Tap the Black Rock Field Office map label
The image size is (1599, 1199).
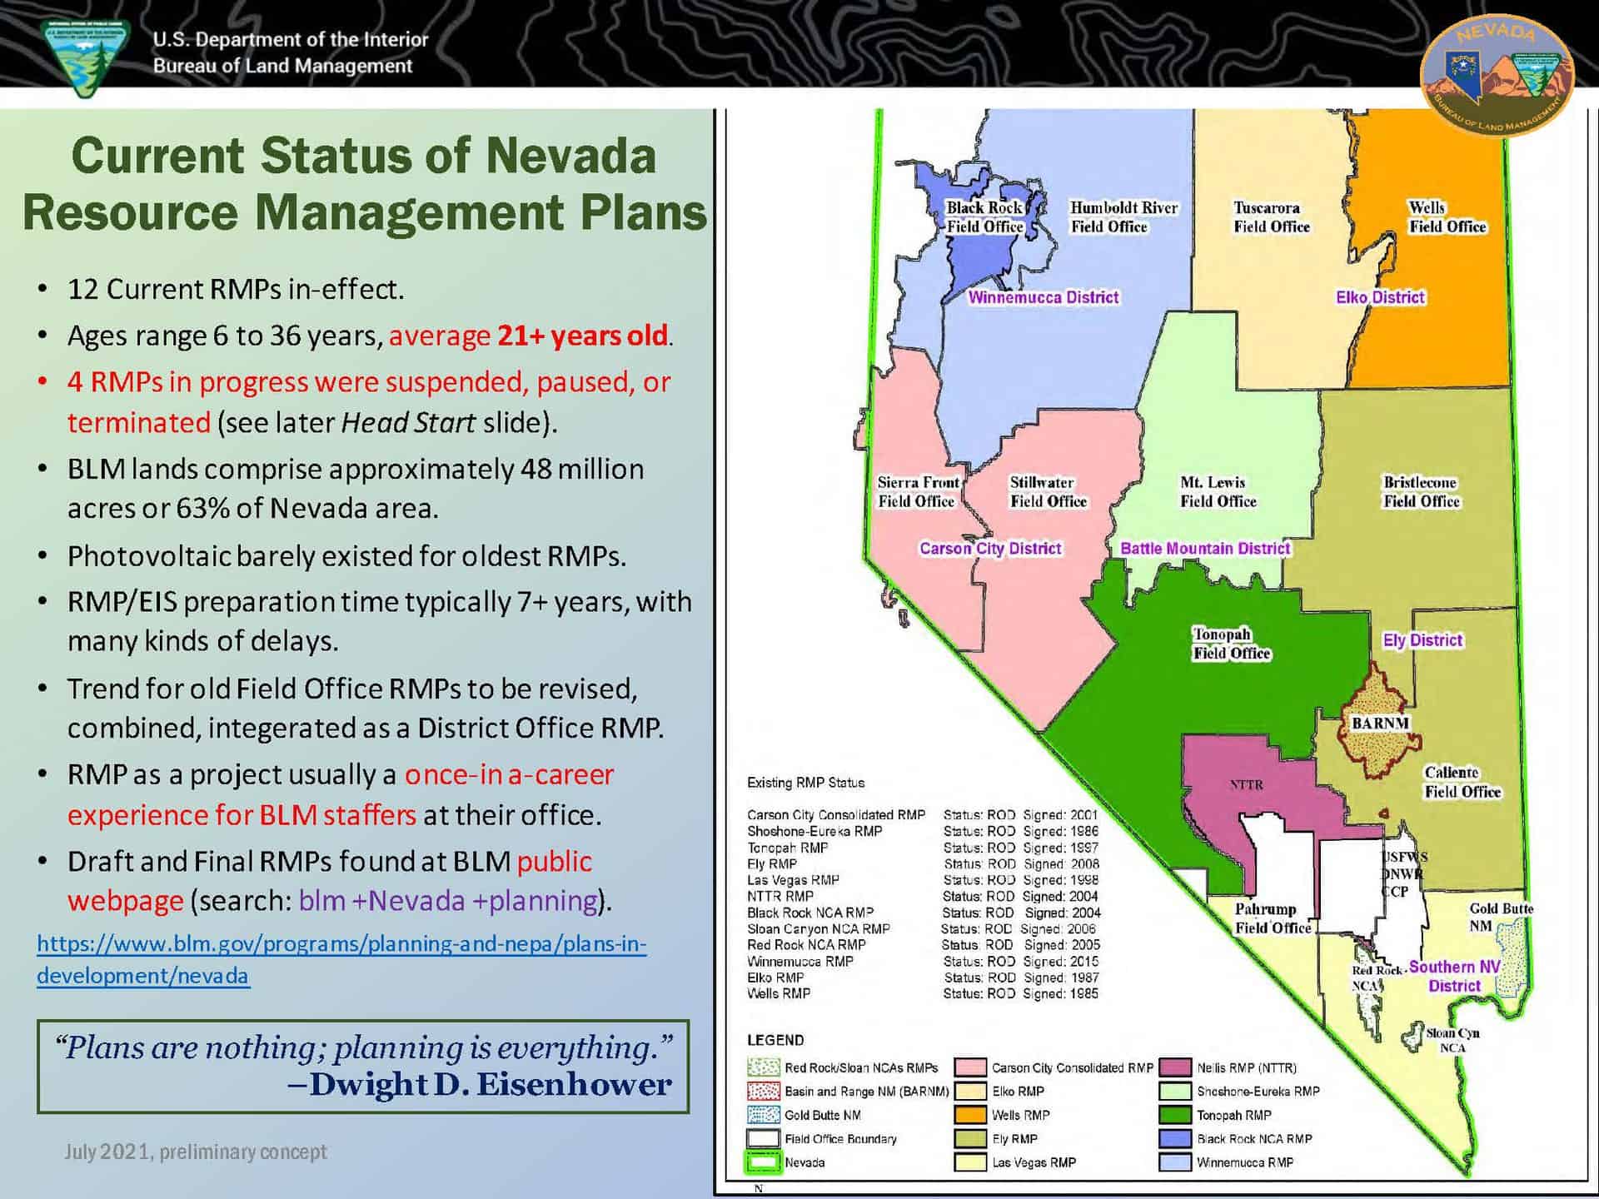pos(984,217)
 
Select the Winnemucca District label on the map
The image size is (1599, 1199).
pos(1043,297)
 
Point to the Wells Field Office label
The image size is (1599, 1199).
pos(1447,217)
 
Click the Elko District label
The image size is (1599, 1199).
pos(1380,297)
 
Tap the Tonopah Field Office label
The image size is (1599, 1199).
pos(1231,644)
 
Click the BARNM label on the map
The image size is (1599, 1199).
pos(1380,724)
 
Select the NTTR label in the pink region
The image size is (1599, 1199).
pos(1247,784)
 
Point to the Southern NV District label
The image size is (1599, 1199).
pos(1454,976)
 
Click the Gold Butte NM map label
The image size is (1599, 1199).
pos(1500,917)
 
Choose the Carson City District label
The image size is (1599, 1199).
pos(989,549)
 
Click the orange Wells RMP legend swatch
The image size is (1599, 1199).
pos(970,1115)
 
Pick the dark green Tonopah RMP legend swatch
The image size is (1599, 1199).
pos(1174,1115)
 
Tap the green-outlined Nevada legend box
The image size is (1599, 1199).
pos(763,1162)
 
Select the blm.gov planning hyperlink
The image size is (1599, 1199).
pos(341,959)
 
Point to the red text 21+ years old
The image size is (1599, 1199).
pos(582,336)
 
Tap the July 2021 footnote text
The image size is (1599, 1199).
pos(195,1152)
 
